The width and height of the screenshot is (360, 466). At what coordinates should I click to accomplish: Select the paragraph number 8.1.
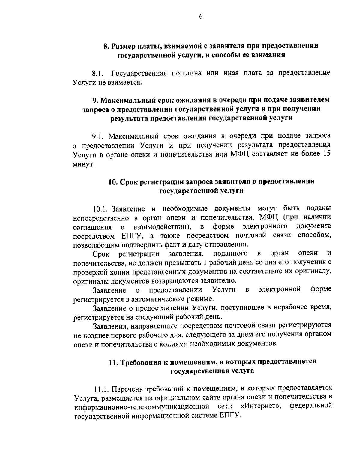(98, 73)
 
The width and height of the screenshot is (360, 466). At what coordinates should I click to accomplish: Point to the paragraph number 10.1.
(100, 208)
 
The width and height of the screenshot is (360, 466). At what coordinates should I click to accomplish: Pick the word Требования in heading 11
(141, 362)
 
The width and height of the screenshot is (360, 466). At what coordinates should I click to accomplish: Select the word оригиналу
(314, 272)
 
